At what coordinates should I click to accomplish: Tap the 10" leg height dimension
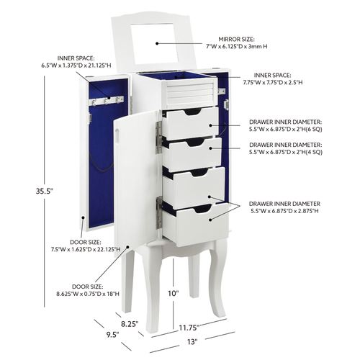click(174, 293)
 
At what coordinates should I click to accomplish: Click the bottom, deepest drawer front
click(195, 225)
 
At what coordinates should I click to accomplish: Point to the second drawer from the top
click(192, 154)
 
